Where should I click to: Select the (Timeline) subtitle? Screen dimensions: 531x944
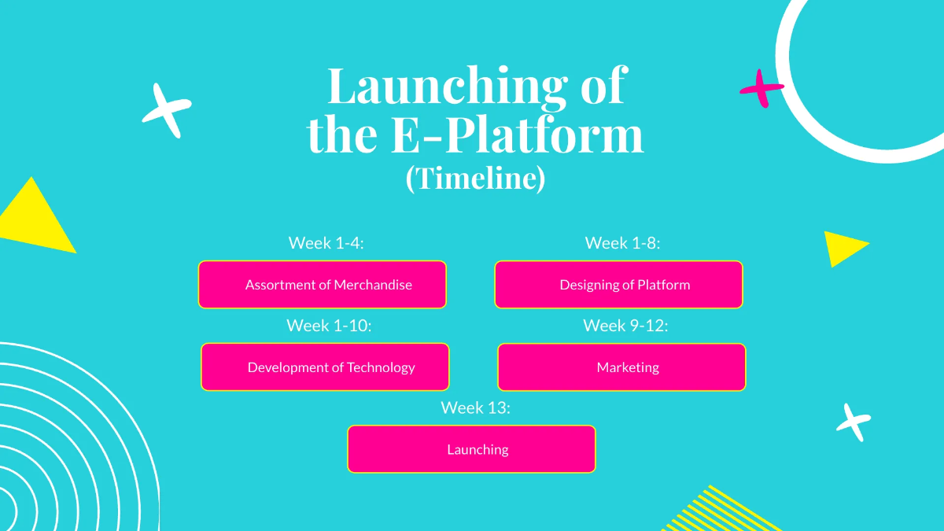coord(475,179)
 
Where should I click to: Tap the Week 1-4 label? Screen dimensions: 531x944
coord(326,243)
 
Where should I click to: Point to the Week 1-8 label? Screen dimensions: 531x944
coord(622,243)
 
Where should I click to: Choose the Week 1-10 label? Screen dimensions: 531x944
coord(328,326)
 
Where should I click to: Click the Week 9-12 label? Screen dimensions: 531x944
coord(625,326)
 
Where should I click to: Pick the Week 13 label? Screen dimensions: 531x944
coord(475,407)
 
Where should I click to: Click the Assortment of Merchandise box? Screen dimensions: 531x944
coord(322,285)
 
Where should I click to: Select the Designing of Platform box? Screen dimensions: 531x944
coord(618,285)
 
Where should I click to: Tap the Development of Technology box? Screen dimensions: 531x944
coord(325,367)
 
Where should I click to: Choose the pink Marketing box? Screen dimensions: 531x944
coord(621,367)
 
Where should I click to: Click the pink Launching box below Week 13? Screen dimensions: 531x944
coord(471,449)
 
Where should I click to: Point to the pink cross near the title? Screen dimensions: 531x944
coord(761,88)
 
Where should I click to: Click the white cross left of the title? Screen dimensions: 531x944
coord(167,109)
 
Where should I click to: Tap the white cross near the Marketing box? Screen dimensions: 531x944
coord(853,422)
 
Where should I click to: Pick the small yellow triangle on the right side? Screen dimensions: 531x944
coord(843,247)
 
